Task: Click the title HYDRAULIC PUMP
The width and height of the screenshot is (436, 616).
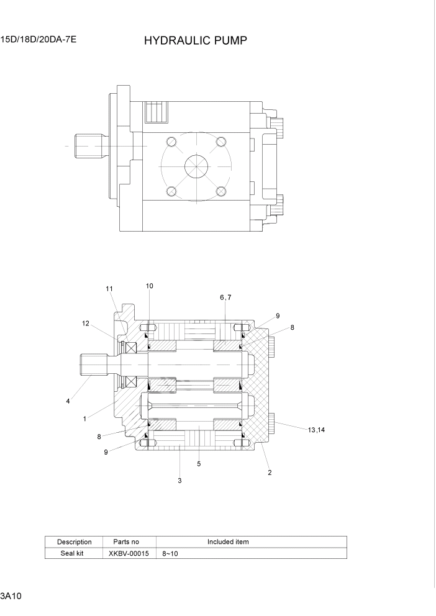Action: click(196, 41)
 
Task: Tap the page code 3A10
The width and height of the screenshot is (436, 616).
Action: click(12, 597)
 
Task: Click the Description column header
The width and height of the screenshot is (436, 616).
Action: click(74, 541)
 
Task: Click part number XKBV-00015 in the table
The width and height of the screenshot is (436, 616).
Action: click(129, 553)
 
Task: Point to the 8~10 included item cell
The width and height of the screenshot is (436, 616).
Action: click(170, 553)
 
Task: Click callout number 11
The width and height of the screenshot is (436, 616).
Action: click(109, 289)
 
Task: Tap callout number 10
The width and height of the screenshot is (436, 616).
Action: click(150, 286)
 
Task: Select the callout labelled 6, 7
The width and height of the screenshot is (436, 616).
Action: click(225, 297)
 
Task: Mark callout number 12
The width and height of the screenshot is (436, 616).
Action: click(86, 323)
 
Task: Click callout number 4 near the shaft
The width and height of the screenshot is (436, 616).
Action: click(68, 401)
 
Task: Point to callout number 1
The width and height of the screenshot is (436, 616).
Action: click(84, 419)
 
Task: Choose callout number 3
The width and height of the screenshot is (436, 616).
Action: click(179, 480)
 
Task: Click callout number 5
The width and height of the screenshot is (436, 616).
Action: click(198, 463)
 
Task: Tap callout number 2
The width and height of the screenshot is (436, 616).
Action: click(270, 472)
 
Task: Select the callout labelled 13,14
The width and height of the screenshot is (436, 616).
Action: click(316, 429)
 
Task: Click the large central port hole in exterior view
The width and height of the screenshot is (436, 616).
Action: click(197, 168)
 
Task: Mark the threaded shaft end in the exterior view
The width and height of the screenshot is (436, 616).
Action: click(86, 147)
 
